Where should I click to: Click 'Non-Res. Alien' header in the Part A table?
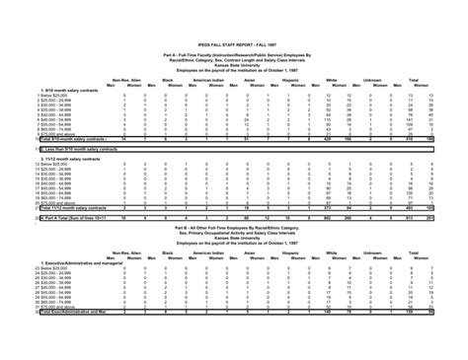[124, 75]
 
